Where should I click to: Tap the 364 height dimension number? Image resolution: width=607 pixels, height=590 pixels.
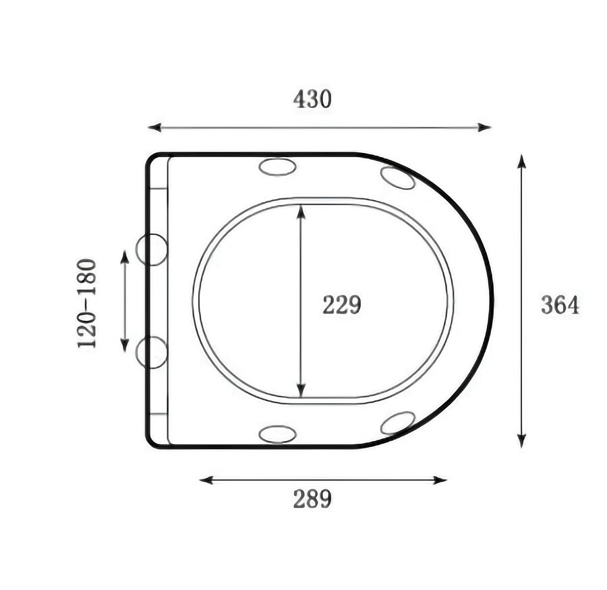(x=560, y=305)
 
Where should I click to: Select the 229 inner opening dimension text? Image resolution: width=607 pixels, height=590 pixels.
(x=342, y=305)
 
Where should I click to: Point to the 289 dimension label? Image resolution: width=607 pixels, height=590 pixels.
(x=312, y=499)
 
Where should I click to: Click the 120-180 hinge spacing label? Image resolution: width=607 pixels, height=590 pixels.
(x=86, y=304)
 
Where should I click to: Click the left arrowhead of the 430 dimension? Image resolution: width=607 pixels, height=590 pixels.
(x=154, y=127)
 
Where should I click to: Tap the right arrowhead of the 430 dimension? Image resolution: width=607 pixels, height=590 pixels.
(x=484, y=127)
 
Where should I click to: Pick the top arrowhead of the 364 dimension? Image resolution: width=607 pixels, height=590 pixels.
(x=521, y=161)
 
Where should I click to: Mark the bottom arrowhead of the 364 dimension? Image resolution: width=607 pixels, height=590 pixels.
(x=521, y=440)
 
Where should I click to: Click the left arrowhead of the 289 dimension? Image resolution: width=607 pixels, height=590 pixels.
(x=206, y=480)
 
